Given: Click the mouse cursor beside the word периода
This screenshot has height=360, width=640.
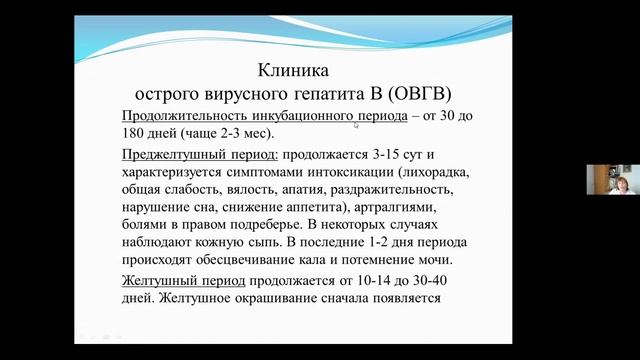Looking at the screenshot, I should pyautogui.click(x=356, y=125).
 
